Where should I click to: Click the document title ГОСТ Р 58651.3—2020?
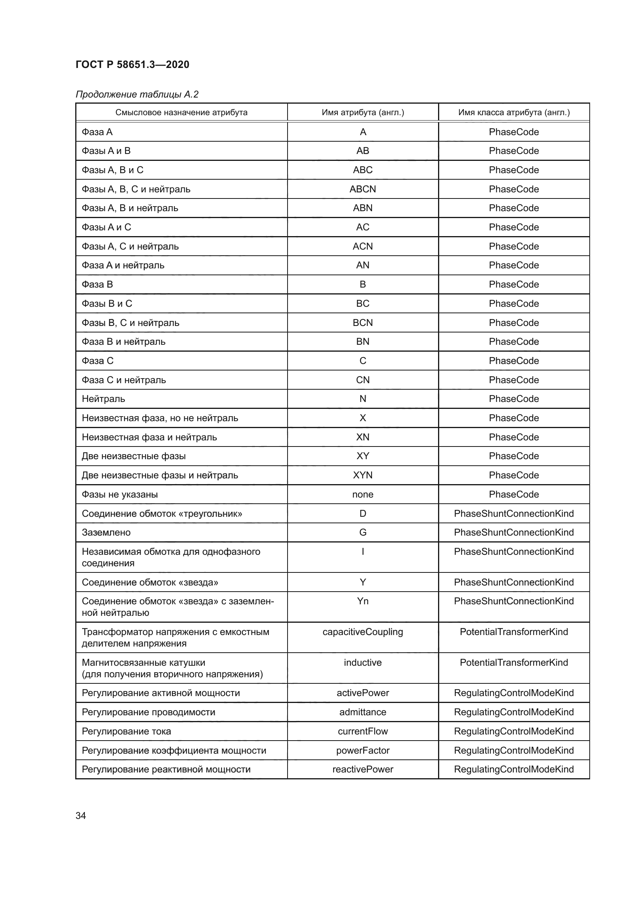pyautogui.click(x=132, y=64)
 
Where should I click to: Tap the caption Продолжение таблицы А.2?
pyautogui.click(x=137, y=94)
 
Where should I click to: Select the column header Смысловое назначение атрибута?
pyautogui.click(x=181, y=112)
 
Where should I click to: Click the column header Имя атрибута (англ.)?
pyautogui.click(x=362, y=112)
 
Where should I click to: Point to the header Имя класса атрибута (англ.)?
pyautogui.click(x=514, y=112)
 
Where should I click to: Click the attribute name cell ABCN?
pyautogui.click(x=362, y=189)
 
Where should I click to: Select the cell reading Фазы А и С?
pyautogui.click(x=106, y=227)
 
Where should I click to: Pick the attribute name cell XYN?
pyautogui.click(x=362, y=475)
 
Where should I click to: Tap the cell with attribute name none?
pyautogui.click(x=362, y=494)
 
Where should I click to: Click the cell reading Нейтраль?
pyautogui.click(x=103, y=399)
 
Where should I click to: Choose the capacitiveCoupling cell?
pyautogui.click(x=362, y=632)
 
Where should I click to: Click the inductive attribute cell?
pyautogui.click(x=362, y=662)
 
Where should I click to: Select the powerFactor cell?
pyautogui.click(x=362, y=750)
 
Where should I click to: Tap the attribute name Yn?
pyautogui.click(x=362, y=601)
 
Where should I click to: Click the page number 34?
pyautogui.click(x=81, y=816)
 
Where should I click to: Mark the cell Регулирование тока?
pyautogui.click(x=126, y=731)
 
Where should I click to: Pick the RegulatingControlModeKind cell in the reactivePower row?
pyautogui.click(x=514, y=769)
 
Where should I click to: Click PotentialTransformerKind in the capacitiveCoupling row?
pyautogui.click(x=514, y=632)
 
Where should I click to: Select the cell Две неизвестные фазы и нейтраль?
pyautogui.click(x=160, y=475)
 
